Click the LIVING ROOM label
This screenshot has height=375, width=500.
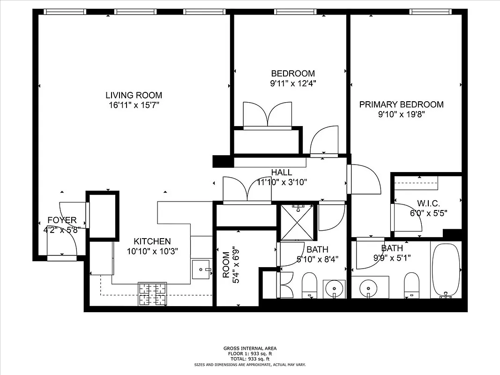click(134, 95)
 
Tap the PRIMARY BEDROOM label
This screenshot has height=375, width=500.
click(401, 105)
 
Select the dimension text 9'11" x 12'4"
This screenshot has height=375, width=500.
click(293, 84)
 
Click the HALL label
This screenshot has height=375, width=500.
click(281, 172)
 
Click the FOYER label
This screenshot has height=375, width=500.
click(62, 220)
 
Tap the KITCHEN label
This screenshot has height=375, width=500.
click(152, 241)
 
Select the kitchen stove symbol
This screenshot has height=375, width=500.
click(152, 294)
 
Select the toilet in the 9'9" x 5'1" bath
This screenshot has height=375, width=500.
click(411, 285)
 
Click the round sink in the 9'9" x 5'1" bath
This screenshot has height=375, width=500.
click(367, 286)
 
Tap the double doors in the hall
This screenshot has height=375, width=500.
click(247, 190)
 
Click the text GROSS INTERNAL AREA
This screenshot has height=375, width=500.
click(250, 348)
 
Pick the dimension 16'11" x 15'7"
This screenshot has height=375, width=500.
click(134, 105)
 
